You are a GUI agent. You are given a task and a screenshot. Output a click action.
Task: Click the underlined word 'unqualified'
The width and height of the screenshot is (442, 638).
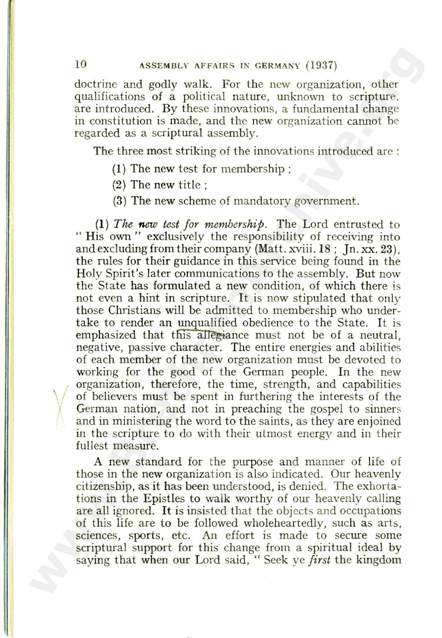(209, 323)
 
